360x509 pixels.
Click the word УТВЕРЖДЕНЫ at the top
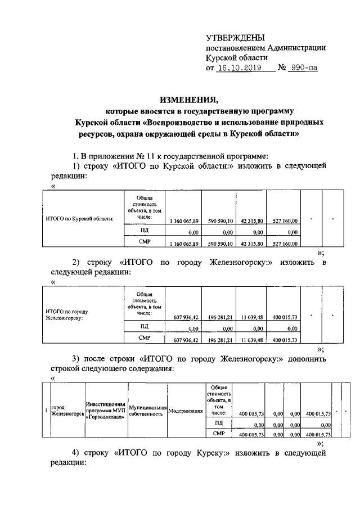click(235, 38)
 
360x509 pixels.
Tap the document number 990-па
click(302, 69)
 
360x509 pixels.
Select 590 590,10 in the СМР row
click(219, 244)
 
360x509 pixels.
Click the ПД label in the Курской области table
click(145, 231)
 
